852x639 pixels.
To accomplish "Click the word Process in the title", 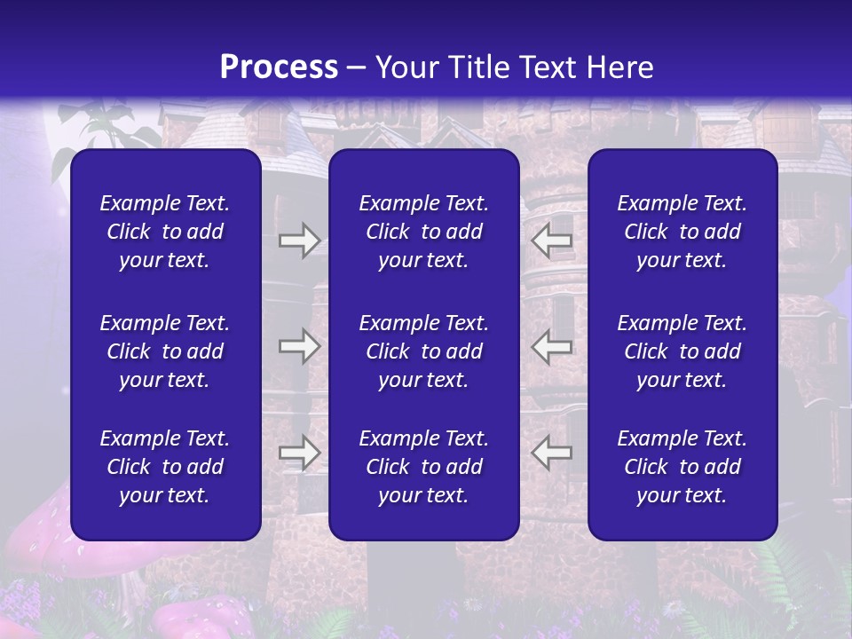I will (x=279, y=67).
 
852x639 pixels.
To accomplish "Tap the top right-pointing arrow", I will (x=299, y=241).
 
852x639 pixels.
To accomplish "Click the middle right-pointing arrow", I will (x=299, y=346).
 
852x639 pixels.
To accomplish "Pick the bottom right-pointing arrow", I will (x=299, y=453).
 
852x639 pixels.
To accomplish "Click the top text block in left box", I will (x=165, y=232).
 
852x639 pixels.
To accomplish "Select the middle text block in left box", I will (x=165, y=351).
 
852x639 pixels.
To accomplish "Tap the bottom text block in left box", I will (x=165, y=467).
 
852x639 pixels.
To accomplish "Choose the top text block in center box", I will (x=423, y=232).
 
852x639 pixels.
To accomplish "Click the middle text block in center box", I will (x=423, y=351).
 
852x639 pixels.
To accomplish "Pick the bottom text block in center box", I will (x=423, y=467).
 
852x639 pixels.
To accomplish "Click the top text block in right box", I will (x=682, y=232).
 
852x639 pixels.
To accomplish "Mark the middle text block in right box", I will (x=682, y=351).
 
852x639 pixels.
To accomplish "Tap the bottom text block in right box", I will (x=682, y=467).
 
